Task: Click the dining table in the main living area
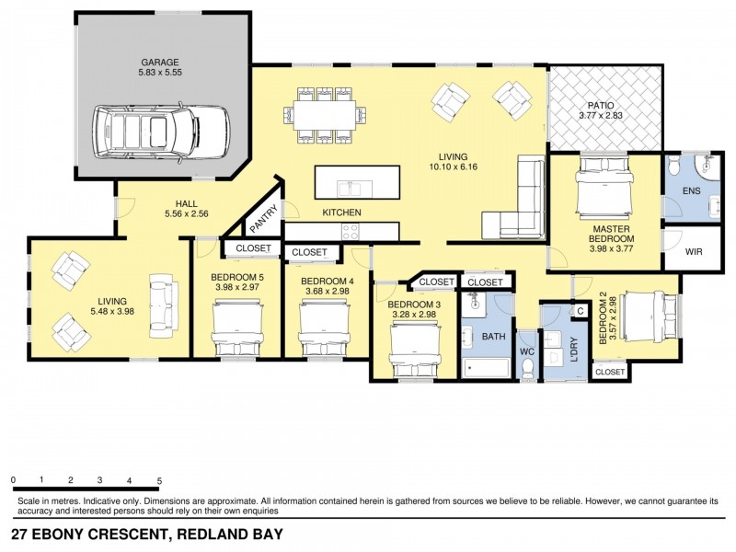pyautogui.click(x=323, y=115)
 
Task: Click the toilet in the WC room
pyautogui.click(x=528, y=367)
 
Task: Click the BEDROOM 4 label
pyautogui.click(x=328, y=282)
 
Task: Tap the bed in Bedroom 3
pyautogui.click(x=413, y=351)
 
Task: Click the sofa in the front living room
pyautogui.click(x=163, y=301)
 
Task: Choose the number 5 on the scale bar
pyautogui.click(x=159, y=481)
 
